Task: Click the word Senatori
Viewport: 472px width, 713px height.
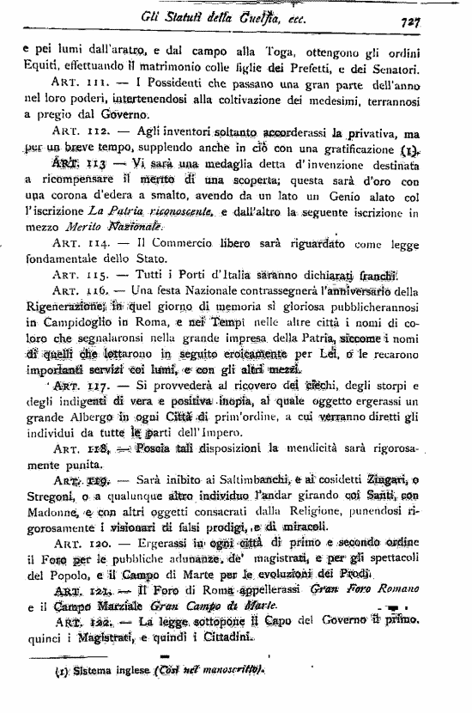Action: tap(391, 67)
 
